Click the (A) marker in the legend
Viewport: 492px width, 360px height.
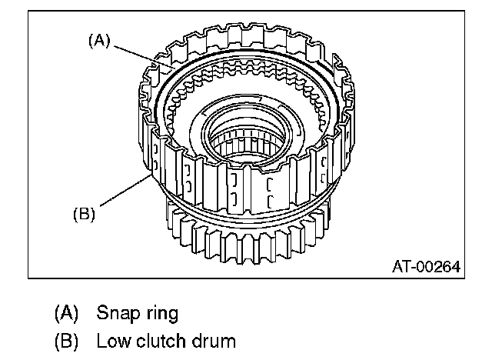click(68, 314)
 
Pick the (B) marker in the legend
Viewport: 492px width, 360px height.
click(68, 339)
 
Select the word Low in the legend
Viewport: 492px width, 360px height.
click(111, 339)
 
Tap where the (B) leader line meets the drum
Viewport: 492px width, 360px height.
click(149, 175)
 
